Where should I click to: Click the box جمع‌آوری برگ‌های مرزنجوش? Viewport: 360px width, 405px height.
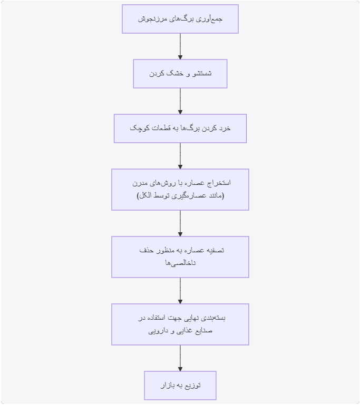[180, 19]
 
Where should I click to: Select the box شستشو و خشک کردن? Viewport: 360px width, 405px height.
[180, 74]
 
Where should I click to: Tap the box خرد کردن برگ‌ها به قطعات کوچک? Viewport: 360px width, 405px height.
[180, 129]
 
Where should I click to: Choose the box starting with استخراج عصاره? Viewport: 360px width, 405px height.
[180, 190]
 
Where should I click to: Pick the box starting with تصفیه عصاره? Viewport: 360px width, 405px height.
[180, 257]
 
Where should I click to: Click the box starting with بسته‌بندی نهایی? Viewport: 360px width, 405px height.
[180, 324]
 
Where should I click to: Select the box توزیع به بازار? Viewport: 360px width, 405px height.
[180, 386]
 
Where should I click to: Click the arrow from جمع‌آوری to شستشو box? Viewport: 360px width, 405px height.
[180, 46]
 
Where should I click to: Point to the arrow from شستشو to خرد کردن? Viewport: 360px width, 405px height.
[180, 101]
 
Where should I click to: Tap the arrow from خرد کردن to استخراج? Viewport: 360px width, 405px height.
[180, 156]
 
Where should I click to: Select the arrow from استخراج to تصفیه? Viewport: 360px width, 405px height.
[180, 223]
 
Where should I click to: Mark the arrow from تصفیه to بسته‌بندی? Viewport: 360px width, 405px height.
[180, 291]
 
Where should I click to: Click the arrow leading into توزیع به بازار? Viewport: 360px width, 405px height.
[180, 358]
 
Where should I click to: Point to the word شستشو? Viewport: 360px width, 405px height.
[202, 74]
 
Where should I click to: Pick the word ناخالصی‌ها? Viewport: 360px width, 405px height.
[180, 263]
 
